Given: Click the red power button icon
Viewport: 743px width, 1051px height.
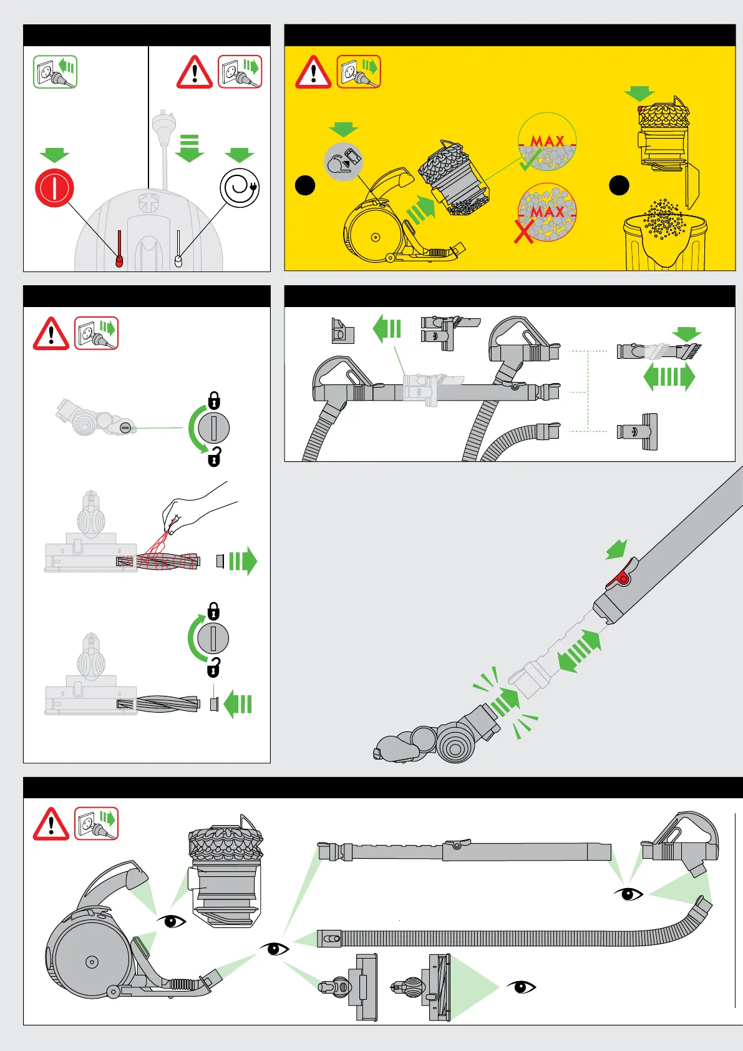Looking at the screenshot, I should click(54, 188).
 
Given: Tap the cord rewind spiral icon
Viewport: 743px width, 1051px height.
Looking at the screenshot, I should click(240, 188).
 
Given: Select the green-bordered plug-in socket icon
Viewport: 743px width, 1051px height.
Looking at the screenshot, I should click(55, 72).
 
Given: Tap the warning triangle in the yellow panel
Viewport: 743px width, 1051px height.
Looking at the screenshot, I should click(313, 72).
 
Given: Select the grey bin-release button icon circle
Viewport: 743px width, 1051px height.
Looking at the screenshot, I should click(343, 161).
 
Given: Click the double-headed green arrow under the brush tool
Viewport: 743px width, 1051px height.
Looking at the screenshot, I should click(669, 378).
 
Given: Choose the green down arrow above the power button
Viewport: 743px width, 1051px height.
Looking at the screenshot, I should click(54, 155).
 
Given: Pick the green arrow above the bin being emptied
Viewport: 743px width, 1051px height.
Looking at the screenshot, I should click(639, 94).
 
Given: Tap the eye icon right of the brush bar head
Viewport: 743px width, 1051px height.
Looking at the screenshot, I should click(522, 987).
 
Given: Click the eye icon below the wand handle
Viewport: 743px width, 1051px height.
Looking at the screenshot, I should click(628, 894).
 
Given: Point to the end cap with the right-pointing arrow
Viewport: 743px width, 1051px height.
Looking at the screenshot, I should click(220, 561).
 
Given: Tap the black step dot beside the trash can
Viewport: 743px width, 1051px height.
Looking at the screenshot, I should click(619, 185).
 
